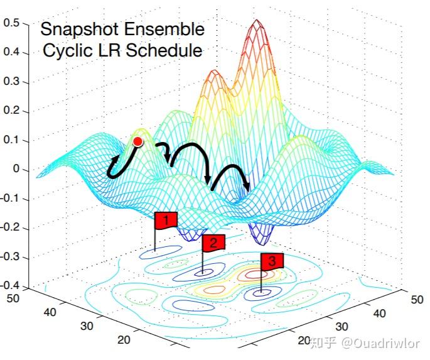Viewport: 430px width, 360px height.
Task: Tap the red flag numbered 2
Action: (x=213, y=243)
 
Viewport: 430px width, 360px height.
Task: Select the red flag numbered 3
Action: (x=272, y=261)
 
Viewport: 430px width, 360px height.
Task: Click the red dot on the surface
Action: (x=138, y=142)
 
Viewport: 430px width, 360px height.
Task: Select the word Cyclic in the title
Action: (x=64, y=51)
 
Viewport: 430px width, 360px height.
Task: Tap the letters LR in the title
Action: (x=105, y=51)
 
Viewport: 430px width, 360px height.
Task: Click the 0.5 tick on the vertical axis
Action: (x=12, y=23)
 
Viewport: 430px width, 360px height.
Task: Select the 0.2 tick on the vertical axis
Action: (x=12, y=111)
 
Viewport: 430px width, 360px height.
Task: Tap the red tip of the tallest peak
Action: (x=256, y=25)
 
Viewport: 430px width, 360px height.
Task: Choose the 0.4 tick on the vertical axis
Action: (x=12, y=52)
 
